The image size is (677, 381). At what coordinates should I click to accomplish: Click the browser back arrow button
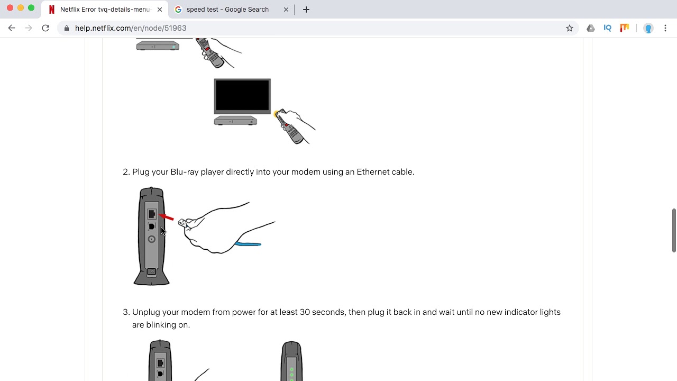[12, 28]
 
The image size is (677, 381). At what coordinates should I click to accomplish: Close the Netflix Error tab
[160, 10]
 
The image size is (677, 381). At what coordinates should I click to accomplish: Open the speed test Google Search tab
[227, 10]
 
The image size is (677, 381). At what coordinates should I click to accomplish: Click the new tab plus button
[306, 10]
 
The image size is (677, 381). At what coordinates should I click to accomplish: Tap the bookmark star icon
[570, 28]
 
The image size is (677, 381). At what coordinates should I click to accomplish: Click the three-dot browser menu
[665, 28]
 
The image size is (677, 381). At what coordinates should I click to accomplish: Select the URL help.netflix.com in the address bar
[131, 28]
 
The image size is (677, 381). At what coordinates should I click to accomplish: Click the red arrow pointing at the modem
[166, 217]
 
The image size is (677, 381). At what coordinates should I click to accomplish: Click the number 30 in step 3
[305, 312]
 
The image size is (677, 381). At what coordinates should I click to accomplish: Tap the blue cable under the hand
[248, 244]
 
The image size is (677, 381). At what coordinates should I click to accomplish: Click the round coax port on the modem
[151, 240]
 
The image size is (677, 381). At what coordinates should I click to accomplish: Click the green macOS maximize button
[31, 8]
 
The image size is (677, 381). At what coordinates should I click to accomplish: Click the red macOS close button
[10, 8]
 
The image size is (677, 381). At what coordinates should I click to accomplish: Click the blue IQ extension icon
[607, 28]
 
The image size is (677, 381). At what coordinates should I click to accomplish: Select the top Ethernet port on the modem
[152, 214]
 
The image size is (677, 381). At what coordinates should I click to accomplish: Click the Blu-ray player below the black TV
[235, 121]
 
